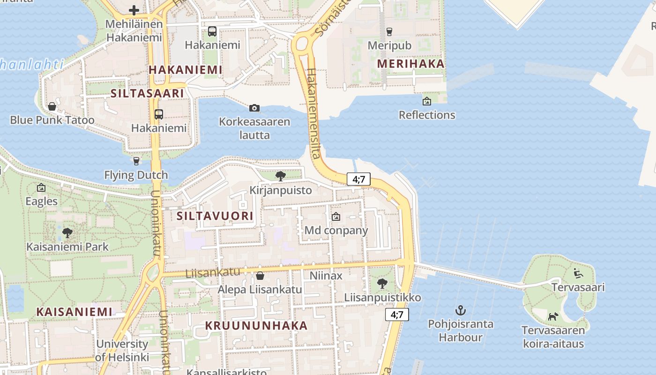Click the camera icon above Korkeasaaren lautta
254,108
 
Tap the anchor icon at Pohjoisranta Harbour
461,310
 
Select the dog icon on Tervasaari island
553,316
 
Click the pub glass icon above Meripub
389,32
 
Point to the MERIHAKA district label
410,64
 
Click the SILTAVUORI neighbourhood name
216,216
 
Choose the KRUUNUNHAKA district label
256,326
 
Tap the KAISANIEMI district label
75,312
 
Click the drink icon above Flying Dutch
136,161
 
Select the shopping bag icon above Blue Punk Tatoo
52,106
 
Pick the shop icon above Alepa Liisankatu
260,276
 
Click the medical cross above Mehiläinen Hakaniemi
134,10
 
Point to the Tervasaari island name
578,287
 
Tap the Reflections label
427,115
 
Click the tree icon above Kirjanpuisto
281,176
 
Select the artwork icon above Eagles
41,188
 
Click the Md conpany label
336,231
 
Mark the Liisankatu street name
213,272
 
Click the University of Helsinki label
122,350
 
